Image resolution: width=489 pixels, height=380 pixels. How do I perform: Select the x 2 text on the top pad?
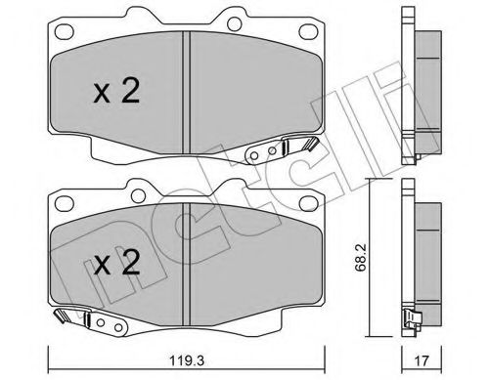(x=116, y=92)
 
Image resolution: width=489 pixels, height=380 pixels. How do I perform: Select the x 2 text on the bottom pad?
(x=116, y=263)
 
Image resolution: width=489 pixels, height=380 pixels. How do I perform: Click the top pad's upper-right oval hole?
(x=309, y=32)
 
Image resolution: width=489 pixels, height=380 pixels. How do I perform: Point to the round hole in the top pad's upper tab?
(x=235, y=23)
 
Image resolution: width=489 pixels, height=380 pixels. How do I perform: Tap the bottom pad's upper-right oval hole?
(x=309, y=203)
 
